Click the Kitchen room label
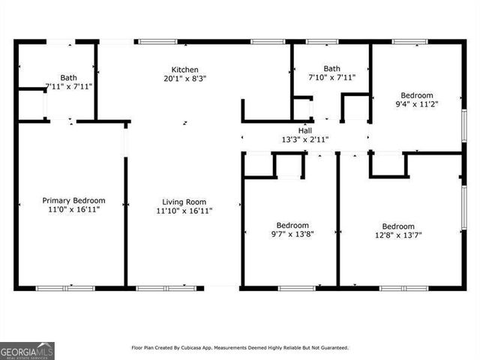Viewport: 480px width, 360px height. pos(184,69)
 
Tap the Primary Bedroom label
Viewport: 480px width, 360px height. pos(73,200)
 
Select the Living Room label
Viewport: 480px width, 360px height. pos(184,202)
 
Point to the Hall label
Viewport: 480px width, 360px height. pos(305,130)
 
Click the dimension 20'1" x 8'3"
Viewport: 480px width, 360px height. pos(184,78)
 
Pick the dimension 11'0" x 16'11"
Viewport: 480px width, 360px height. pos(73,209)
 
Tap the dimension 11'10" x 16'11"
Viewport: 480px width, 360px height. pos(184,211)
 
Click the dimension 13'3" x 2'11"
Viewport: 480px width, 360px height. pos(305,139)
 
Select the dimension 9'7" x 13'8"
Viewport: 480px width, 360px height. pos(292,235)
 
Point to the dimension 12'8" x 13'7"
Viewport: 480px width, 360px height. pos(398,235)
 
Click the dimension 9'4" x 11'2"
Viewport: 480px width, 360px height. pos(416,104)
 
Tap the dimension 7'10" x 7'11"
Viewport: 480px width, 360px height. pos(331,76)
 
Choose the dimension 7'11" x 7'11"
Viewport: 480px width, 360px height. pos(69,85)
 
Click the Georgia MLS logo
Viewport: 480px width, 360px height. pos(27,350)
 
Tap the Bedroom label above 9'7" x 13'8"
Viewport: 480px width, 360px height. pos(292,226)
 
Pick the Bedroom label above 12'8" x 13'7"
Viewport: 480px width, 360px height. pos(398,226)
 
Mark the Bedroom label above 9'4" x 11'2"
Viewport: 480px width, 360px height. pos(416,95)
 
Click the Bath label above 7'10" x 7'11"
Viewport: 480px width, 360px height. pos(331,67)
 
